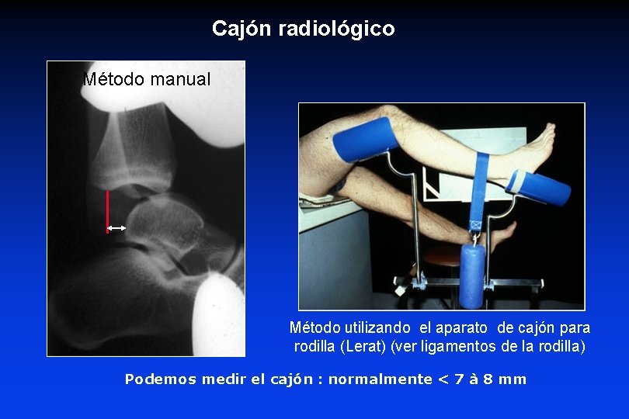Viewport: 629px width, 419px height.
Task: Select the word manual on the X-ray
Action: pyautogui.click(x=180, y=79)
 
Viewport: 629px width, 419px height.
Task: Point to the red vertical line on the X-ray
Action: pyautogui.click(x=107, y=210)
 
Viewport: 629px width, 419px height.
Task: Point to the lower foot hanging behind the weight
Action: pyautogui.click(x=501, y=230)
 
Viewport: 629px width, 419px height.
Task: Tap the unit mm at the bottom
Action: pyautogui.click(x=514, y=379)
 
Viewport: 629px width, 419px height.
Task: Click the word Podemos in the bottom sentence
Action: pyautogui.click(x=161, y=379)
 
